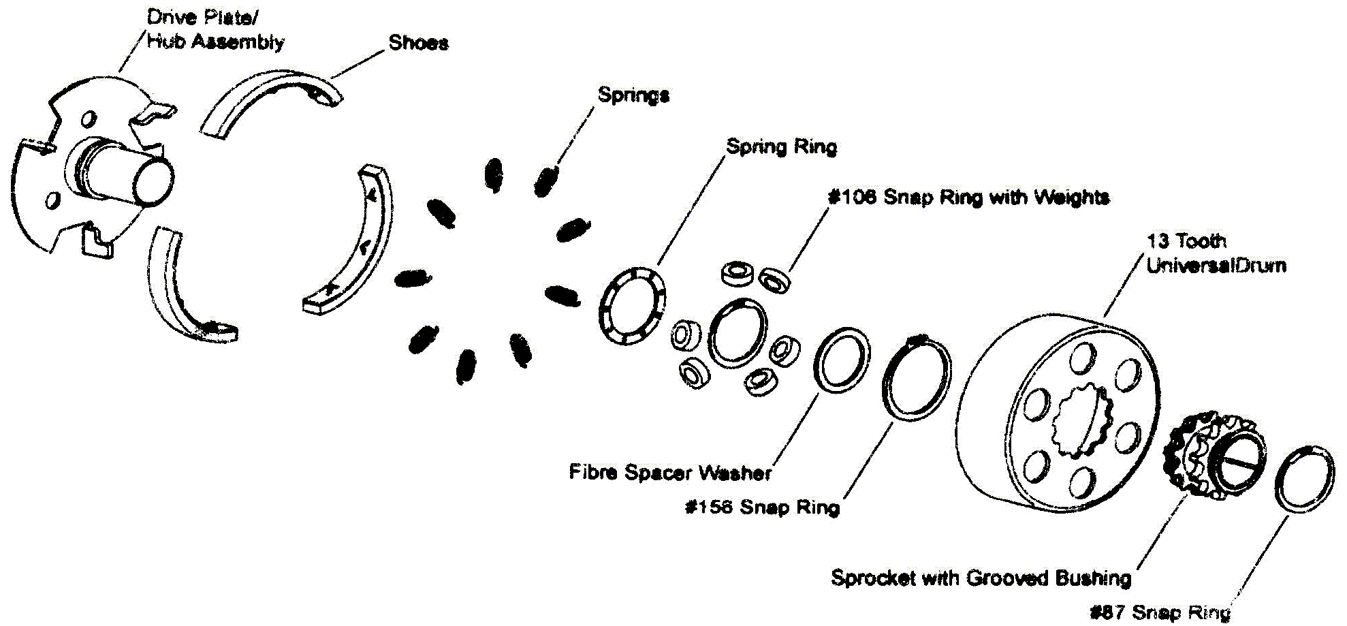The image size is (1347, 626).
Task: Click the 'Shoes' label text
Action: click(418, 42)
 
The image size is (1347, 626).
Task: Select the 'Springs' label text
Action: click(633, 95)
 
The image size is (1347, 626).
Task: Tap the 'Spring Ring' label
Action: click(781, 146)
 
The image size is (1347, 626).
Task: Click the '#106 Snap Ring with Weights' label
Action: click(968, 198)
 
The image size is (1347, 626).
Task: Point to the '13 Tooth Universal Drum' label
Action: click(1216, 253)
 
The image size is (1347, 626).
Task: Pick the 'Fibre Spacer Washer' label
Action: click(671, 472)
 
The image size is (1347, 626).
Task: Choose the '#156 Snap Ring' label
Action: click(763, 507)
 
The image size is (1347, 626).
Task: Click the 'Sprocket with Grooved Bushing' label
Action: click(981, 578)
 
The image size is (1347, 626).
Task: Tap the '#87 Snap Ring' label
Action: click(1160, 612)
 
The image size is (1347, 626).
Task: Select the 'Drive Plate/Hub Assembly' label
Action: click(215, 29)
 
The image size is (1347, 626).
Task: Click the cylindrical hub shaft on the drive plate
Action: click(129, 174)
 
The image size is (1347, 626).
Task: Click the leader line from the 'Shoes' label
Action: click(358, 65)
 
